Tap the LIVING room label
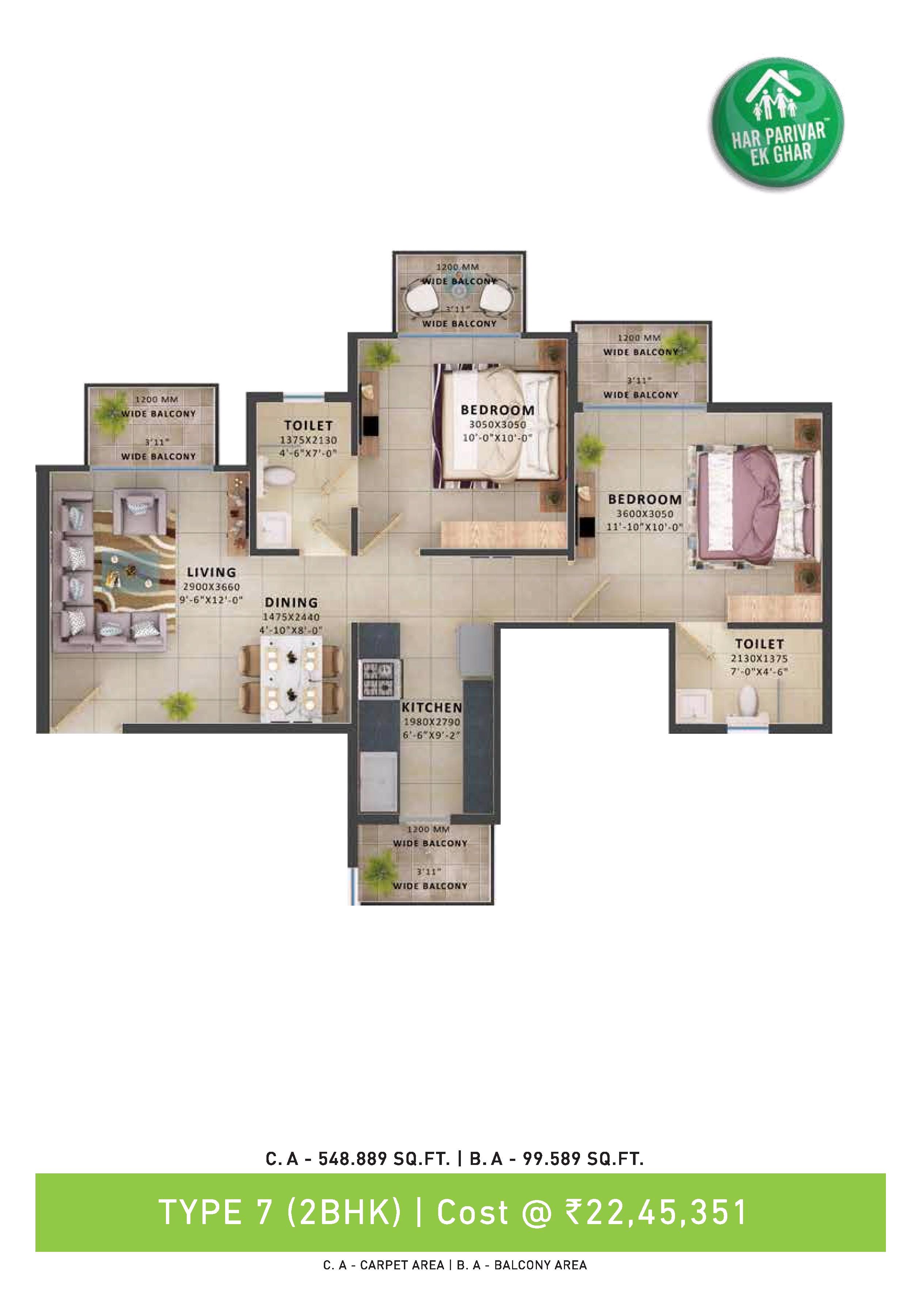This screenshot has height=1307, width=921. (211, 572)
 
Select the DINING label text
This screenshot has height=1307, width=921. (291, 602)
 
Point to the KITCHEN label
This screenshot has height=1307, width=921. (432, 708)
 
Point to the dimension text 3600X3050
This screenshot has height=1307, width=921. (645, 513)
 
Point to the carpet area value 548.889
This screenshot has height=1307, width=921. (353, 1158)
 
